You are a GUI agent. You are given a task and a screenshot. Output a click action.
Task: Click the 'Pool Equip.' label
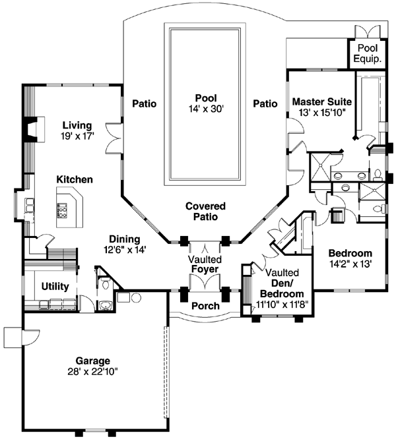(x=368, y=53)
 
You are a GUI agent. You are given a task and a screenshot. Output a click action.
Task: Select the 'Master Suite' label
(x=321, y=102)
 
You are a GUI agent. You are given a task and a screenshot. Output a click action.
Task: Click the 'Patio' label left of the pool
(x=144, y=103)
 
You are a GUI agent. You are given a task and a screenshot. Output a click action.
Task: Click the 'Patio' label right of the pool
(x=265, y=103)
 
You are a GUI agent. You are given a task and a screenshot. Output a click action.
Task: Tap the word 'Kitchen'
(x=74, y=179)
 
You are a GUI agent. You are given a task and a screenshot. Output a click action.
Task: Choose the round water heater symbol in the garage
(x=137, y=297)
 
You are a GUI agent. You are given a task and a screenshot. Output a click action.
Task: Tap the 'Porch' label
(x=205, y=307)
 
